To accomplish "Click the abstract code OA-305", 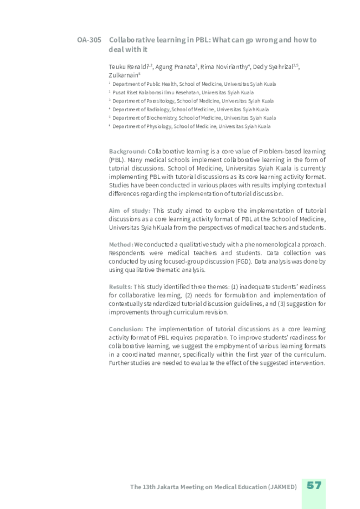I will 89,40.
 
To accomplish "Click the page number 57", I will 314,486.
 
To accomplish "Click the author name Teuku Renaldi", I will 127,66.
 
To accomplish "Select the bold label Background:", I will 127,151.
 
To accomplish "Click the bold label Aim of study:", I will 129,210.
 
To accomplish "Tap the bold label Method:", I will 121,244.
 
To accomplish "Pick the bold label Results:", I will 120,286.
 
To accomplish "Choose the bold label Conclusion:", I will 126,328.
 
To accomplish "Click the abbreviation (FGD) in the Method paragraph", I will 242,261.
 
